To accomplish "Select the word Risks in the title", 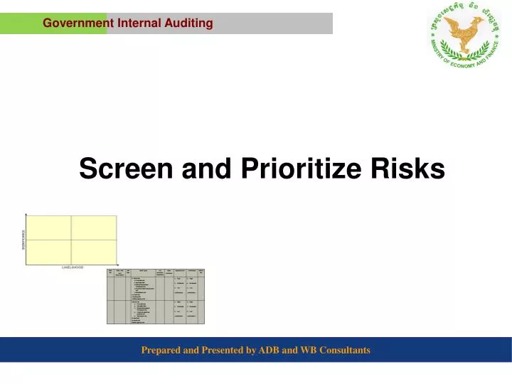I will pos(410,169).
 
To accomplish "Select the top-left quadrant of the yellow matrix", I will pos(49,228).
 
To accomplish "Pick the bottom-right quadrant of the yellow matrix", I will pos(94,251).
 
